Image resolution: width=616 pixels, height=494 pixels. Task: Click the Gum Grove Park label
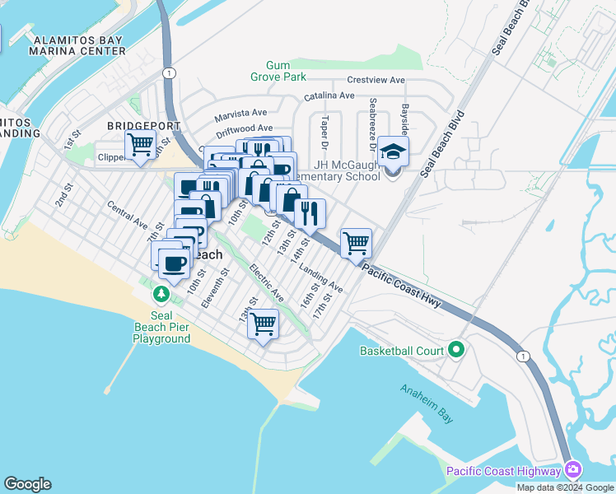[285, 71]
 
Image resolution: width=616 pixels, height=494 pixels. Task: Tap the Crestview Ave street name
[376, 81]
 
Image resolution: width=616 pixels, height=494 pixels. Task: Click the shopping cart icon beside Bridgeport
[140, 146]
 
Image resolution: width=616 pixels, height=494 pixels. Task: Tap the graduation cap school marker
[394, 152]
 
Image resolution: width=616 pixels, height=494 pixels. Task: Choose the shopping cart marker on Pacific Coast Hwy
[356, 243]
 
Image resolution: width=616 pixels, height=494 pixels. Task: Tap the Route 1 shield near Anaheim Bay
[522, 356]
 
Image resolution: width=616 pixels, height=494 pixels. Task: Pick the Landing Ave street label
[320, 279]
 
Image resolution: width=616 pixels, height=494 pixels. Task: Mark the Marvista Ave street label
[241, 114]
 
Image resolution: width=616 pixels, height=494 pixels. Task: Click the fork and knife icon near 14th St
[310, 213]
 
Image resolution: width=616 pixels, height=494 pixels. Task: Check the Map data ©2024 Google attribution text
[566, 487]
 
